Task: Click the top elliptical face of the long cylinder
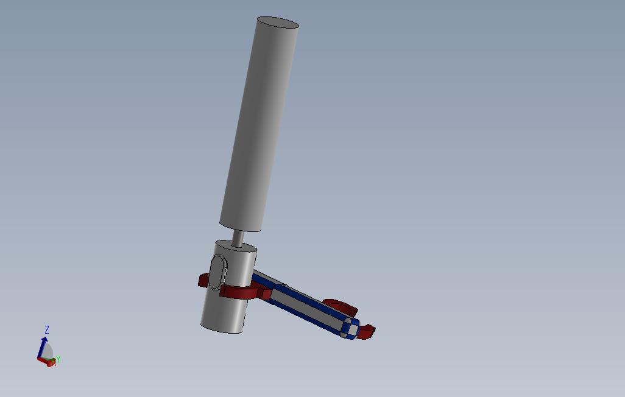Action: (278, 23)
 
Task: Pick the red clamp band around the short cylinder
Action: (238, 293)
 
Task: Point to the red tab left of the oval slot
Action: (203, 280)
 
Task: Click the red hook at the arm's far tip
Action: (367, 332)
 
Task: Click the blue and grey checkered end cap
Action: (350, 328)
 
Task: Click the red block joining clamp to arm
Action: (266, 294)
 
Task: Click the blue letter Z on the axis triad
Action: (47, 329)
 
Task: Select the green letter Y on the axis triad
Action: (58, 360)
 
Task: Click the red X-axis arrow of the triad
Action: (44, 361)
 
